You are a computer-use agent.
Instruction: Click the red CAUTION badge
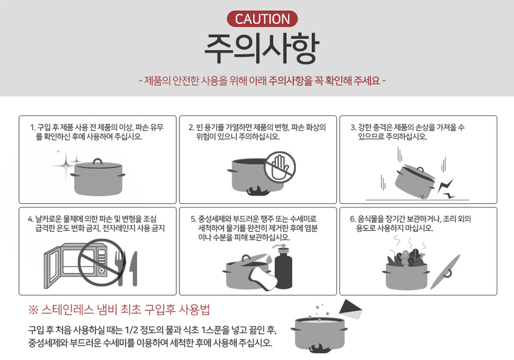pyautogui.click(x=262, y=19)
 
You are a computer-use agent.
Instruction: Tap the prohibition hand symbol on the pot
pyautogui.click(x=280, y=167)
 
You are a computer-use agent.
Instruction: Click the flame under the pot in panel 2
pyautogui.click(x=256, y=191)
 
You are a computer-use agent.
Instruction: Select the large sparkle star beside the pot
pyautogui.click(x=66, y=165)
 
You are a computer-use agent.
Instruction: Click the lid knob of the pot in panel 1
pyautogui.click(x=97, y=161)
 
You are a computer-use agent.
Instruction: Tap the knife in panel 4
pyautogui.click(x=133, y=269)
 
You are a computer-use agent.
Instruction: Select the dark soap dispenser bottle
pyautogui.click(x=283, y=267)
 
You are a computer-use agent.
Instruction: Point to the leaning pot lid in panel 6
pyautogui.click(x=445, y=272)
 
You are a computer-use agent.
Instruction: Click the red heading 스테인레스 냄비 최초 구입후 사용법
pyautogui.click(x=120, y=310)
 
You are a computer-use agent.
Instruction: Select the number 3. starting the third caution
pyautogui.click(x=353, y=127)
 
